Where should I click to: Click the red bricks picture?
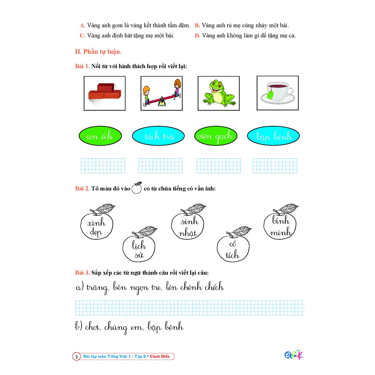point(104,93)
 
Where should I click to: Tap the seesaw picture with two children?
point(161,93)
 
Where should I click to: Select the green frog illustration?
point(219,93)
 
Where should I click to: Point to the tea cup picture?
point(278,93)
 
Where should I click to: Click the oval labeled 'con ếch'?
point(100,136)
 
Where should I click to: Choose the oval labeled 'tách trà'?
point(158,136)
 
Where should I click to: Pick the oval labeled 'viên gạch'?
point(216,136)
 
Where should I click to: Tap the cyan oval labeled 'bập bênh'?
point(273,136)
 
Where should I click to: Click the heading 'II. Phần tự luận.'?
point(98,52)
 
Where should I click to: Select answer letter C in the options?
point(82,36)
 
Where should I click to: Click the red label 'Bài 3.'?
point(82,272)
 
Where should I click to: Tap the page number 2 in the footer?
point(77,357)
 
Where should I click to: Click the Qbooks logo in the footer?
point(294,354)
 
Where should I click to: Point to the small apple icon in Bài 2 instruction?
point(137,188)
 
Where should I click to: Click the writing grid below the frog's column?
point(219,166)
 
